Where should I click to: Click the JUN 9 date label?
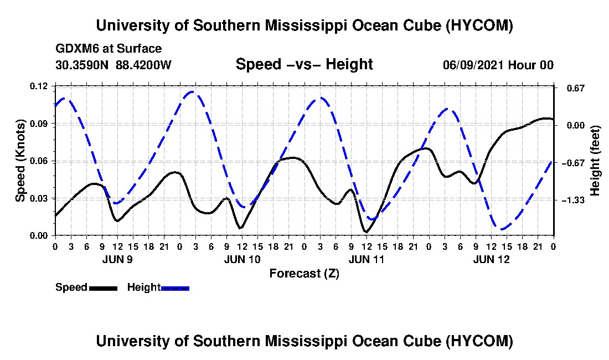click(x=118, y=259)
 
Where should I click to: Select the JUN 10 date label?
click(x=242, y=259)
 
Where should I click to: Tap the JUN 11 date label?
click(x=367, y=259)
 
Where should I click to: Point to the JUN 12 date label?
click(x=491, y=259)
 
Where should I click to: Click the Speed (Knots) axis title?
click(x=20, y=161)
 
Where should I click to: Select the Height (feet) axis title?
click(x=595, y=161)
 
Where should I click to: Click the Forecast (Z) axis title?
click(x=304, y=274)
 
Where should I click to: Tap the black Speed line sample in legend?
click(x=103, y=288)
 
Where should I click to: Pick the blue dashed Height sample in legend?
click(x=175, y=288)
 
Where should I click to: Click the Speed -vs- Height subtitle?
click(x=304, y=64)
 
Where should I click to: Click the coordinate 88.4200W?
click(x=143, y=65)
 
